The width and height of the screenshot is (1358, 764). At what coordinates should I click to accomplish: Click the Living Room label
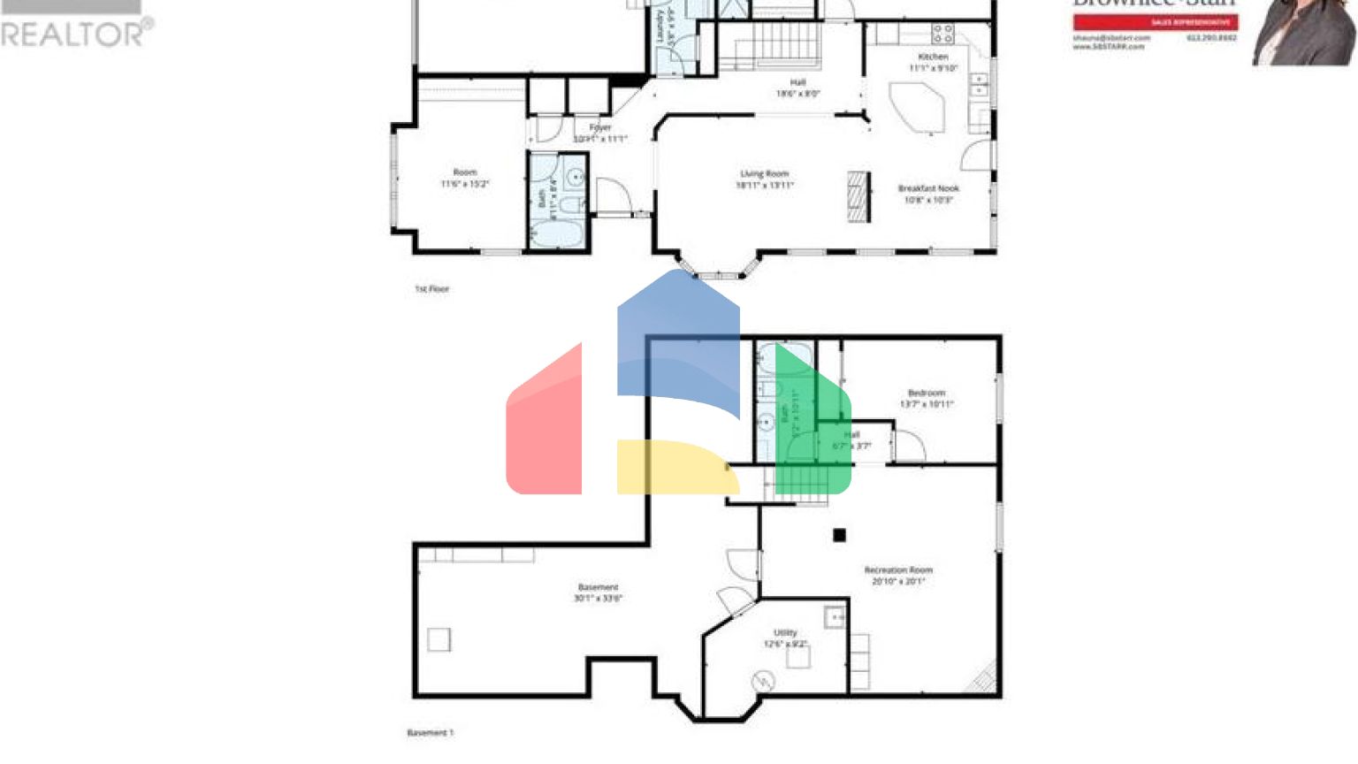(x=764, y=174)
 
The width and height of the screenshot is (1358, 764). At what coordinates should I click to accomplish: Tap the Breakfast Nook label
(x=927, y=188)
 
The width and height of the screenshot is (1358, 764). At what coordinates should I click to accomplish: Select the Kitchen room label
(x=933, y=57)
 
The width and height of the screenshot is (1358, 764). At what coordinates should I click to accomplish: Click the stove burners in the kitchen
(x=942, y=34)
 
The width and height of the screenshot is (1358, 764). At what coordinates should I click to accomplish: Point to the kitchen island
(x=917, y=107)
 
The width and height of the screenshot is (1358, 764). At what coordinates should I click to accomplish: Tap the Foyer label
(x=600, y=128)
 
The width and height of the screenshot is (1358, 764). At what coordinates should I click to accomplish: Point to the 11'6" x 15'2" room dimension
(x=465, y=184)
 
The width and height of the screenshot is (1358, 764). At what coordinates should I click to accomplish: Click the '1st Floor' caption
(x=432, y=289)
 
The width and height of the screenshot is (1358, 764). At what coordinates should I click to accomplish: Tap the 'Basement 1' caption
(x=430, y=733)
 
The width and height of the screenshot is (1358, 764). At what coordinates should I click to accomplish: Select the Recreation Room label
(x=898, y=570)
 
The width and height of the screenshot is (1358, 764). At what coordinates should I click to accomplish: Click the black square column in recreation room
(x=839, y=535)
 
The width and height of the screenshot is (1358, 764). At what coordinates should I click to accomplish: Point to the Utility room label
(x=785, y=633)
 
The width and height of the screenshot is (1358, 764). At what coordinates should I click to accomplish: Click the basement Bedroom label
(x=927, y=393)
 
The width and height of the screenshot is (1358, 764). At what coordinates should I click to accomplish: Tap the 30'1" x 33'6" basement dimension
(x=599, y=599)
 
